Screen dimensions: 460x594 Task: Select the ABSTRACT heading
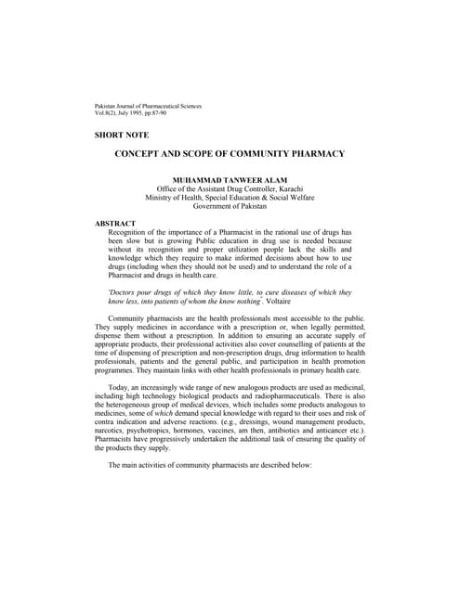[115, 223]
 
